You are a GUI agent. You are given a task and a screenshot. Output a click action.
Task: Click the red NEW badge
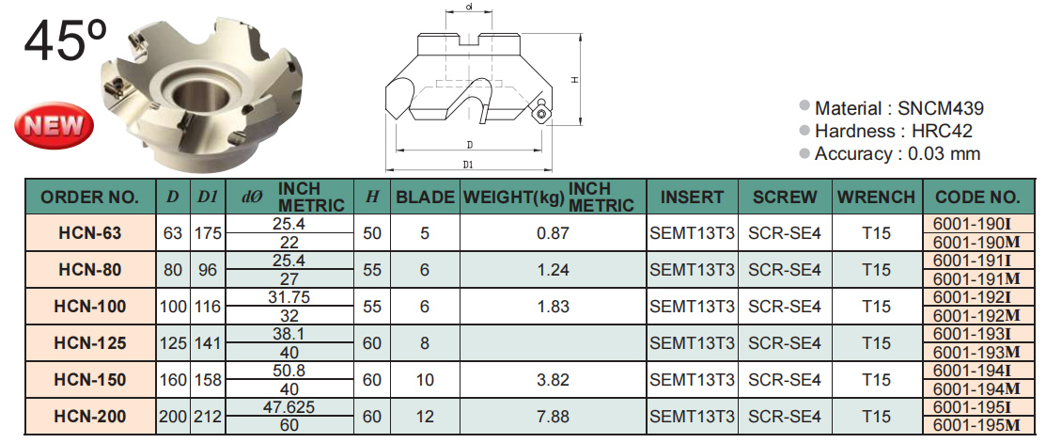55,125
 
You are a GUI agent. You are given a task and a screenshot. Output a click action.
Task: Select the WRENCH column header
876,197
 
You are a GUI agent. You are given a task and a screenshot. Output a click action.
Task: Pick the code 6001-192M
977,315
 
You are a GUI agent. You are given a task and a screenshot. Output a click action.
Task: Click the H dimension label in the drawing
574,79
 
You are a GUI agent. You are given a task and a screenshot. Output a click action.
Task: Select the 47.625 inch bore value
290,407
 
